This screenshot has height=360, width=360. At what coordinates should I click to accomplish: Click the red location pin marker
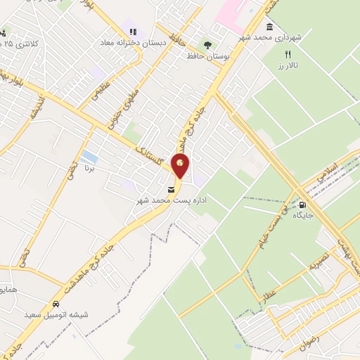pos(181,166)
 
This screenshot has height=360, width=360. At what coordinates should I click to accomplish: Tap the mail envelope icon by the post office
pos(171,190)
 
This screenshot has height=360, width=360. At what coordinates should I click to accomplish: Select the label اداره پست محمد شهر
pos(170,201)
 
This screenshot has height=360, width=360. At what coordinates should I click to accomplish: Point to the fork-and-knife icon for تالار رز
pos(287,54)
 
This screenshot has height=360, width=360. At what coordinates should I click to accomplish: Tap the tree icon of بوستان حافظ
pos(206,44)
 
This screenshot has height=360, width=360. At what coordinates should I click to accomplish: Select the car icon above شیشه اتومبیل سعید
pos(55,304)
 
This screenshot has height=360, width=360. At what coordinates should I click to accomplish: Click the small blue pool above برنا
pos(89,155)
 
